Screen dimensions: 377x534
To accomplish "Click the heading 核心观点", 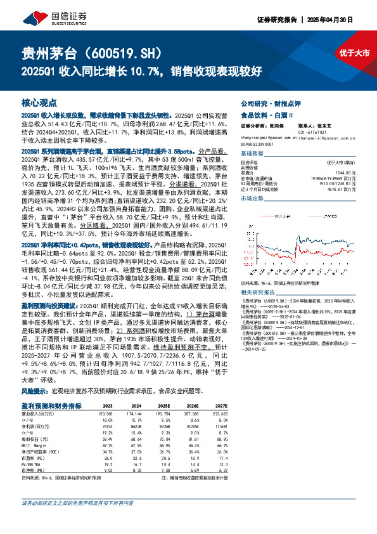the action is point(39,101).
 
